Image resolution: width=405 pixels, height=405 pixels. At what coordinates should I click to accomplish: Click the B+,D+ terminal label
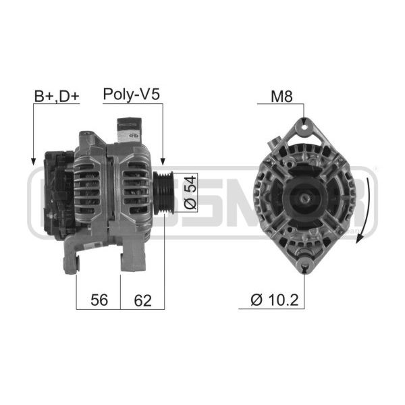coord(57,97)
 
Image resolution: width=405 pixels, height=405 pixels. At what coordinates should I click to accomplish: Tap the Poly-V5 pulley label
coord(131,94)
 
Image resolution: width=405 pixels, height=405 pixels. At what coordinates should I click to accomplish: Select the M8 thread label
coord(281,97)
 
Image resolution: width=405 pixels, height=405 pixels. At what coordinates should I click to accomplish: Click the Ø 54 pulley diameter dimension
coord(190,192)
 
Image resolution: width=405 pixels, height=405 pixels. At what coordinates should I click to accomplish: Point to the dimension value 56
coord(99,300)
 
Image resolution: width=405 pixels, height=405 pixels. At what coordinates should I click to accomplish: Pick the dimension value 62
coord(142,300)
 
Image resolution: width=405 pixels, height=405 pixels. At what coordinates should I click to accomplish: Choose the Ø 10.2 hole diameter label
coord(274,300)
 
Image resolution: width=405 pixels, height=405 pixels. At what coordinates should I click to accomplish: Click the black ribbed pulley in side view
coord(163,192)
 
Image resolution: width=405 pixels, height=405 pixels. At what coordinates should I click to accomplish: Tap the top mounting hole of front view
coord(304,127)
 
